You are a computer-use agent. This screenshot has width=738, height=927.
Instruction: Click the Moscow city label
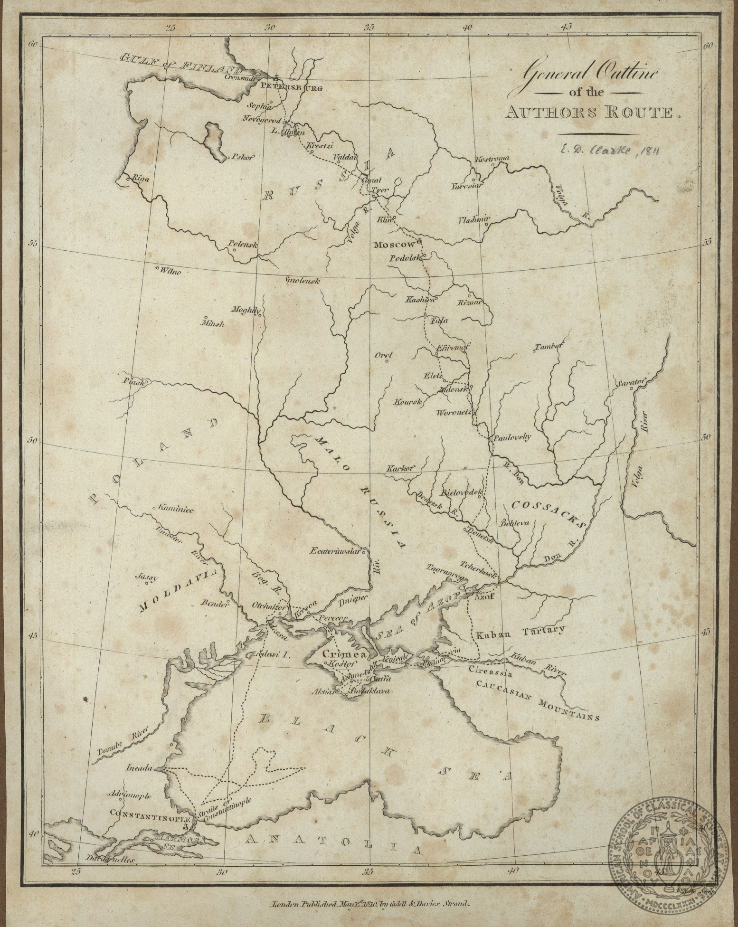click(394, 245)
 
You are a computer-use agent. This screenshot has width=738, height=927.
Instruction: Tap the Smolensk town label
click(303, 281)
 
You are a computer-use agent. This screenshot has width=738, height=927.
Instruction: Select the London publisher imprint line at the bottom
click(369, 905)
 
